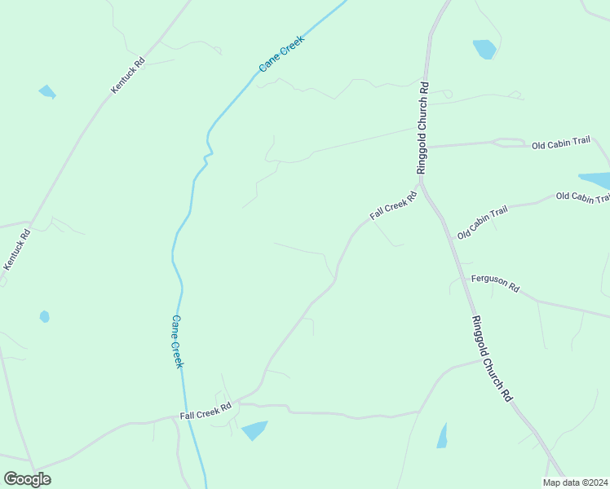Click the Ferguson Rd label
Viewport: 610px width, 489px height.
496,284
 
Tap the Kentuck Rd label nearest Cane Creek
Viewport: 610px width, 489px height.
128,74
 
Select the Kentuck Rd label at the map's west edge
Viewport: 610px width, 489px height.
17,250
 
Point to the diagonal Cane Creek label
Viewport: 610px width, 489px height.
281,54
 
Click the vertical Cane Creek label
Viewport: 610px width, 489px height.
177,341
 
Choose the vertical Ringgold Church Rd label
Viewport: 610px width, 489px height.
422,127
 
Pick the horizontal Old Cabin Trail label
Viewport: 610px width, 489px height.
560,143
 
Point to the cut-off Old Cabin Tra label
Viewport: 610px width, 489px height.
582,197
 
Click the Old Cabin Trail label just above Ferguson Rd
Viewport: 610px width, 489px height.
482,222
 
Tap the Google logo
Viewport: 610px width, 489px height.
27,478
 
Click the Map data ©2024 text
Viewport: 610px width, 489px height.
575,482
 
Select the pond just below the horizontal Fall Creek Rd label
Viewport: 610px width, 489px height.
254,430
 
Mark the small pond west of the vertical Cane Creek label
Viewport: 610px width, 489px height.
44,316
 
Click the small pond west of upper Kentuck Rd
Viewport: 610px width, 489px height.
46,91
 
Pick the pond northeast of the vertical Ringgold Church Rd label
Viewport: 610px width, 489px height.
484,49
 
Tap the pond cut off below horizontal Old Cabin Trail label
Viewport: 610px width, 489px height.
595,181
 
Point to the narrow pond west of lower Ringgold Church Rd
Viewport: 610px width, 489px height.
442,436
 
